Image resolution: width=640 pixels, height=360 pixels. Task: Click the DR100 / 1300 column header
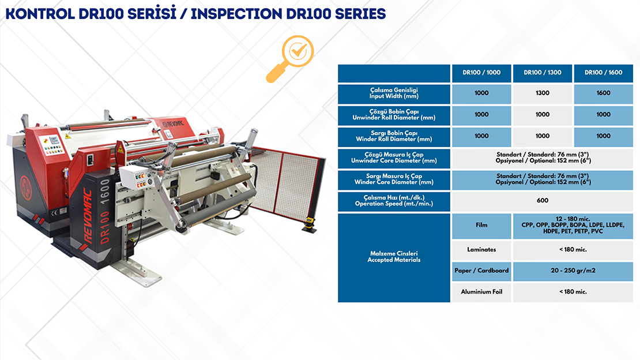click(543, 73)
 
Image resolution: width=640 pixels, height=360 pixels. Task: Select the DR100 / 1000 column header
click(481, 73)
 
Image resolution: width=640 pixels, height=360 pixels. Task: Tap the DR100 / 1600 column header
click(603, 73)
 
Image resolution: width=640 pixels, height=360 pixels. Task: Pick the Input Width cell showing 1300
click(543, 93)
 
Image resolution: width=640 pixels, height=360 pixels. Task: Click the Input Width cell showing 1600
click(603, 93)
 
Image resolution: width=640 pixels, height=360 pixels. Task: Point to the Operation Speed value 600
click(543, 201)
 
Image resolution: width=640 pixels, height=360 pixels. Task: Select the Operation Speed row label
click(394, 201)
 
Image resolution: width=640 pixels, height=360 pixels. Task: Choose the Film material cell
click(481, 226)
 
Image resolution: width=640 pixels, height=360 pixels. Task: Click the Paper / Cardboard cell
click(481, 271)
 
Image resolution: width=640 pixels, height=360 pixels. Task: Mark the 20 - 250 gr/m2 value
click(573, 271)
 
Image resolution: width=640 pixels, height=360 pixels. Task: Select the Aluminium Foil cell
click(481, 292)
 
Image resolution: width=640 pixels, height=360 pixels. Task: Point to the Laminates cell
click(481, 250)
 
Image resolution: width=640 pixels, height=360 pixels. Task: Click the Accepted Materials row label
click(394, 257)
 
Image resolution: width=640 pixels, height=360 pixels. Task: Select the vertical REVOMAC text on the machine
click(87, 215)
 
